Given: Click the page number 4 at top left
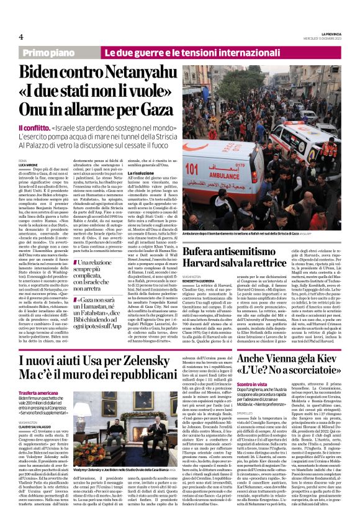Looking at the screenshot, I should (20, 37).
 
